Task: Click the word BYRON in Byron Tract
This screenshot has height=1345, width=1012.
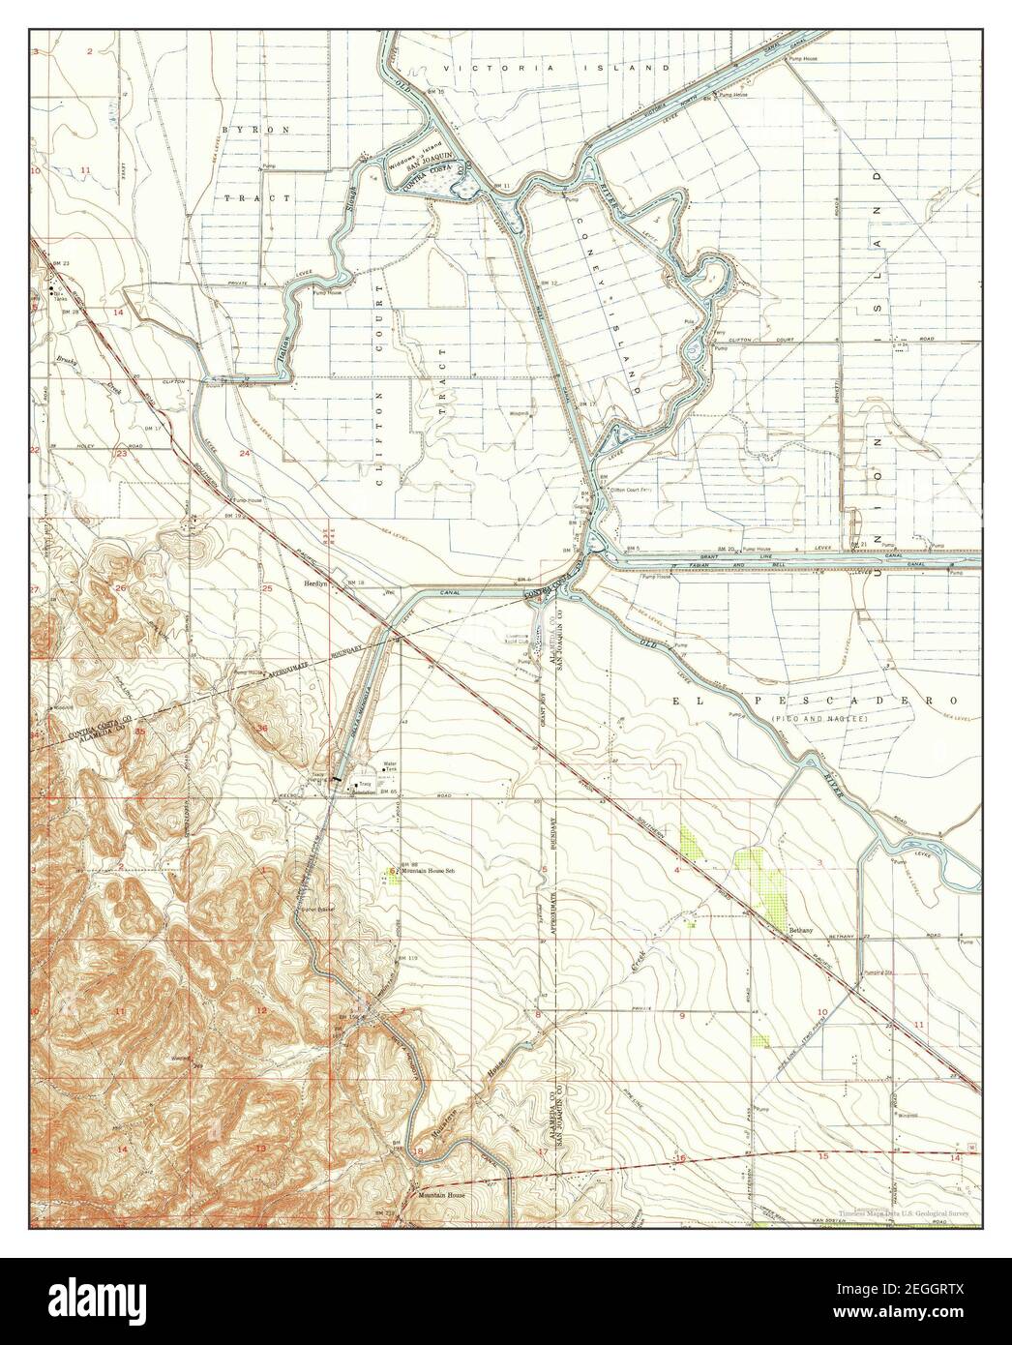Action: coord(242,129)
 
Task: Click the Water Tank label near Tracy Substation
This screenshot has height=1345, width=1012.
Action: coord(391,765)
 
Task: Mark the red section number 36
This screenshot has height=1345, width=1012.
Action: coord(261,727)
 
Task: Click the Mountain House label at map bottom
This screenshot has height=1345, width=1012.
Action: coord(435,1194)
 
